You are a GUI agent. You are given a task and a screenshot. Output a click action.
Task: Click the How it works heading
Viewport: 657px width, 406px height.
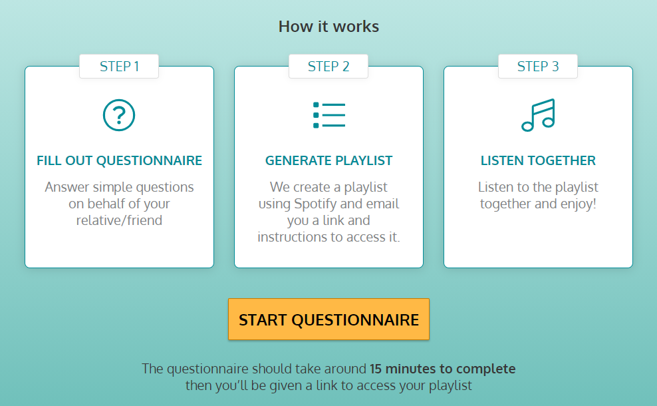point(328,27)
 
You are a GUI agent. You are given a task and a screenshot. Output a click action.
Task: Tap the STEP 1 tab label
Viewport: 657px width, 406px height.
point(119,67)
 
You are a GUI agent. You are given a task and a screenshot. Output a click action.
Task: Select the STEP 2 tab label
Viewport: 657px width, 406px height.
point(328,67)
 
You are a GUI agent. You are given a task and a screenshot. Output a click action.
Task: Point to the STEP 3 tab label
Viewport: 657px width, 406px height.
point(538,67)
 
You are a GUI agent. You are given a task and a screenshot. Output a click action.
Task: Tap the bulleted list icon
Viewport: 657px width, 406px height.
point(329,115)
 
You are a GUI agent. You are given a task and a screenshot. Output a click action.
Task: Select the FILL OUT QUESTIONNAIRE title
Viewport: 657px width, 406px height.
point(119,160)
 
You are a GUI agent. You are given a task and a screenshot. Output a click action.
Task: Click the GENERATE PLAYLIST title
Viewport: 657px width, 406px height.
point(328,160)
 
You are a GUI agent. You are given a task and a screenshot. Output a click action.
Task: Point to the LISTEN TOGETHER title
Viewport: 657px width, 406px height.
point(538,160)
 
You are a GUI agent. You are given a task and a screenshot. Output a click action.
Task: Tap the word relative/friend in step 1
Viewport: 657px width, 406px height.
point(119,220)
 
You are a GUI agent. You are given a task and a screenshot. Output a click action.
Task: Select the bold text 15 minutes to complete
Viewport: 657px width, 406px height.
point(442,369)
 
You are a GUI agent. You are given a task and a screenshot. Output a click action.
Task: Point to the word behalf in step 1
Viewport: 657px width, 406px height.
point(106,204)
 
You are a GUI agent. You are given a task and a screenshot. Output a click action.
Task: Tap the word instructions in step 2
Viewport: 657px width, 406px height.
point(292,237)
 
